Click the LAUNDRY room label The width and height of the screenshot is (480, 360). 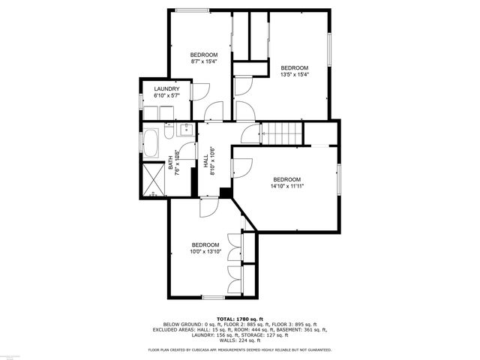click(166, 89)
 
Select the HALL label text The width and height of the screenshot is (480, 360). click(206, 161)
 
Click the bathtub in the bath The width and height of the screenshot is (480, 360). click(151, 142)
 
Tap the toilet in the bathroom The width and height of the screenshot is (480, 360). click(169, 133)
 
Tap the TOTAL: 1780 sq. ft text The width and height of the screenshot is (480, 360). click(240, 319)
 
